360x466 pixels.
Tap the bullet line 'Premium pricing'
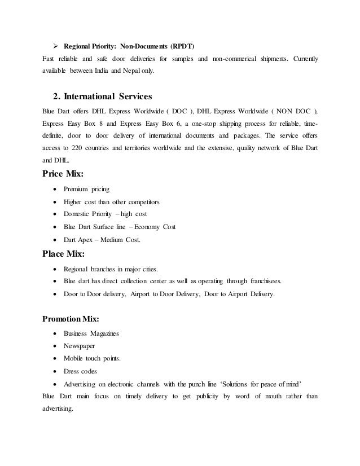[x=86, y=188]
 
